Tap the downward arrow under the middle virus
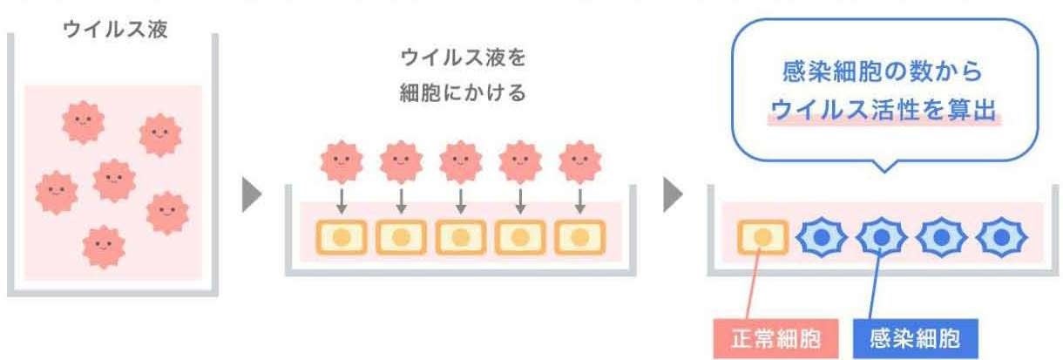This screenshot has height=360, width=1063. coord(460,203)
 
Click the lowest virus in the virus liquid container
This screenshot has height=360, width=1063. coord(105,247)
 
